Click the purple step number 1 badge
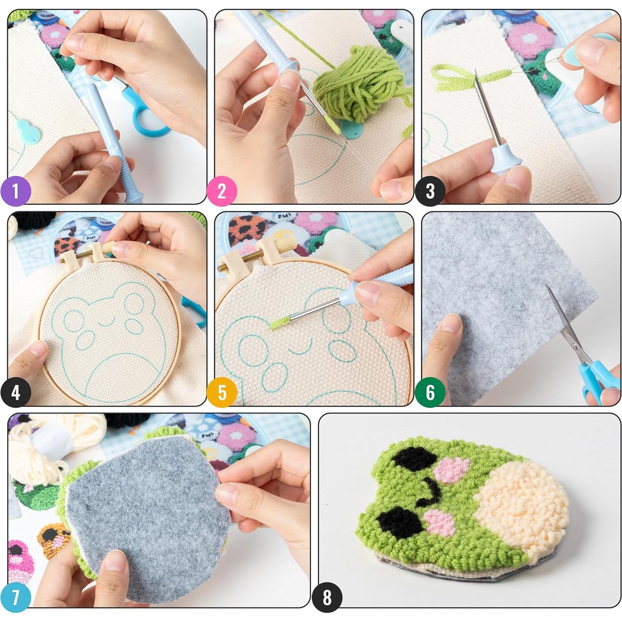point(16,192)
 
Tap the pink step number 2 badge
point(222,192)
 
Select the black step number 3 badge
point(430,192)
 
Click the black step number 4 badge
point(16,392)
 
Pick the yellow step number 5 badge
point(222,392)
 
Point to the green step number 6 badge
point(430,392)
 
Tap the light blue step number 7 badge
point(16,597)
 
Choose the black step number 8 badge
point(327,597)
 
